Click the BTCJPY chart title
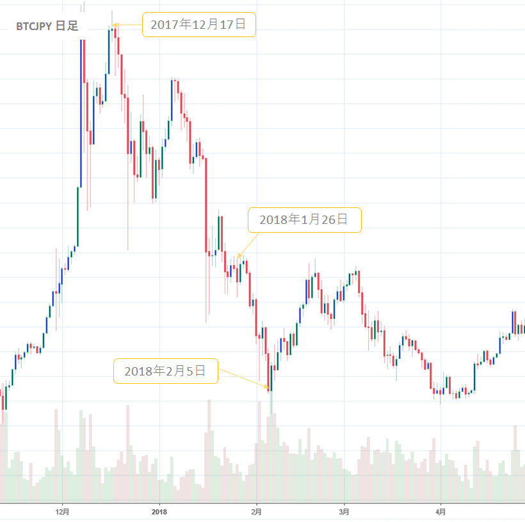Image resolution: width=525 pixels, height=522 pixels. (47, 28)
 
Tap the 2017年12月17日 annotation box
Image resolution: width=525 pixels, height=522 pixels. (198, 25)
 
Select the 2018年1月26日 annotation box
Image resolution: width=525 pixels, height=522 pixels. (304, 220)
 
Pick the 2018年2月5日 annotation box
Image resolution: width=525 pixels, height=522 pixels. (165, 371)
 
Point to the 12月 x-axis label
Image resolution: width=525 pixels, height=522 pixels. (63, 512)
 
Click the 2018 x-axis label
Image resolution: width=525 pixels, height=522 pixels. (159, 512)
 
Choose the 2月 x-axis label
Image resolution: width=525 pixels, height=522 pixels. (256, 512)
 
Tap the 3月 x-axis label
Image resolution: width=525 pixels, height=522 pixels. (344, 512)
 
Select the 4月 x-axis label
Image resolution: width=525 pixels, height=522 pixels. (440, 512)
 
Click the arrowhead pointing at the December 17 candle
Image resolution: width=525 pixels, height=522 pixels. (115, 26)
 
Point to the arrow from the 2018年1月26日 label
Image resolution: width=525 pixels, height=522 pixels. (248, 245)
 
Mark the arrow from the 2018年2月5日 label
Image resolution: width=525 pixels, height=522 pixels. (244, 378)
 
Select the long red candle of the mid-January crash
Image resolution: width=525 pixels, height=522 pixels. (206, 205)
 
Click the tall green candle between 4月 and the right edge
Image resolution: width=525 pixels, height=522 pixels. (474, 377)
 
